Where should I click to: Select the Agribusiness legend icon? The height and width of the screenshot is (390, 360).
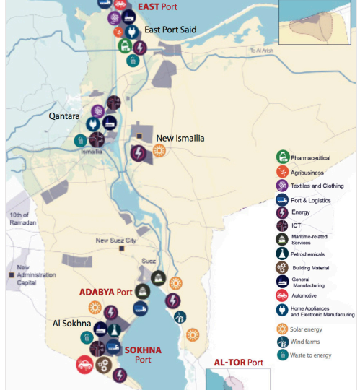tap(282, 173)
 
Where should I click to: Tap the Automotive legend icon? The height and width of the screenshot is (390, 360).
tap(282, 295)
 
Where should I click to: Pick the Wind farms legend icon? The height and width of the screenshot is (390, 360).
tap(282, 342)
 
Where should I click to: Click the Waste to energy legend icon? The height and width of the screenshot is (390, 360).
tap(282, 354)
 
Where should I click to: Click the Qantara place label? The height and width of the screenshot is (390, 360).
tap(64, 115)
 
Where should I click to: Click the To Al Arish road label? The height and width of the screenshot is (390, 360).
tap(262, 50)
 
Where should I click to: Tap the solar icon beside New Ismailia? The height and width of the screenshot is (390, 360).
tap(159, 151)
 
